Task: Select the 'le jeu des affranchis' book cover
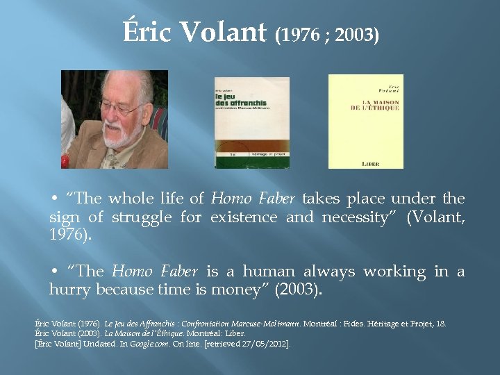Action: click(x=251, y=122)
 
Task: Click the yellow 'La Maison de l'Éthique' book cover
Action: click(x=365, y=121)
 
